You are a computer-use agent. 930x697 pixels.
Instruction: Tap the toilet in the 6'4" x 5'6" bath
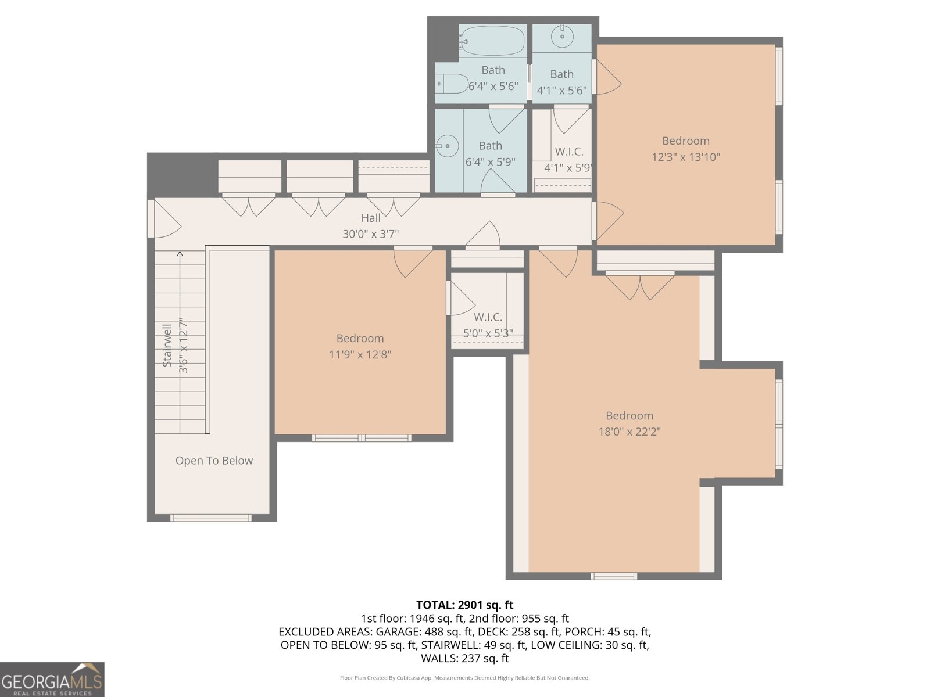[x=452, y=84]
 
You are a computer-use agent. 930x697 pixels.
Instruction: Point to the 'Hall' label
[x=371, y=218]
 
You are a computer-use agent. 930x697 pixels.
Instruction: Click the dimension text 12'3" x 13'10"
[x=686, y=157]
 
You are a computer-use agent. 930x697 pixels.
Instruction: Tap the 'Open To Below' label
[x=214, y=461]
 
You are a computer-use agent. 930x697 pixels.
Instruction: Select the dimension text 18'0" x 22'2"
[x=629, y=432]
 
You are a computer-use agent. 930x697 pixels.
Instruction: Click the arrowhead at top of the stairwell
[x=180, y=254]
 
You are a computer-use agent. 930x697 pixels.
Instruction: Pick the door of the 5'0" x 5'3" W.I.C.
[x=459, y=298]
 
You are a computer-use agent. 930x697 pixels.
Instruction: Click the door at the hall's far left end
[x=164, y=218]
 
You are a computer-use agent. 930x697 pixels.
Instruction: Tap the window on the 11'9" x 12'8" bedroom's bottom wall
[x=362, y=438]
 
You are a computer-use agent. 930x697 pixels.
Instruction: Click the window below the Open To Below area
[x=210, y=518]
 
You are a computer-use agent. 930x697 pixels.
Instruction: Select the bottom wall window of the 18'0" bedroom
[x=614, y=576]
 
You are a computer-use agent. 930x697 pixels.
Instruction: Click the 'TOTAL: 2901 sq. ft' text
[x=464, y=605]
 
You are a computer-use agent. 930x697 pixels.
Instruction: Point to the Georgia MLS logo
[x=52, y=680]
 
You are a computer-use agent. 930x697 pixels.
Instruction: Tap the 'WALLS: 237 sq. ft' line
[x=464, y=658]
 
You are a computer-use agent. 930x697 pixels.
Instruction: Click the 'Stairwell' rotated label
[x=167, y=345]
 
